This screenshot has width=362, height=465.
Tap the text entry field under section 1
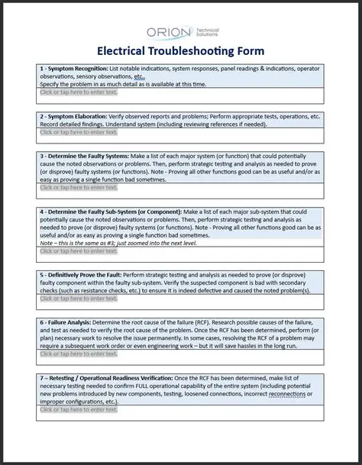[79, 92]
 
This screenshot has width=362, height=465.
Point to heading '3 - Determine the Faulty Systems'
[90, 156]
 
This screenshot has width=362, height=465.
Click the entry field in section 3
[79, 187]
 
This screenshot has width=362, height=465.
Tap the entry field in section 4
[79, 250]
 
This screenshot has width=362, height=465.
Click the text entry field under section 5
[79, 299]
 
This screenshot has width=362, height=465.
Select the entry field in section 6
[79, 354]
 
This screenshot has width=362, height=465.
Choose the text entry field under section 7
[79, 409]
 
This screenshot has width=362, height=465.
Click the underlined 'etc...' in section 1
[139, 76]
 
